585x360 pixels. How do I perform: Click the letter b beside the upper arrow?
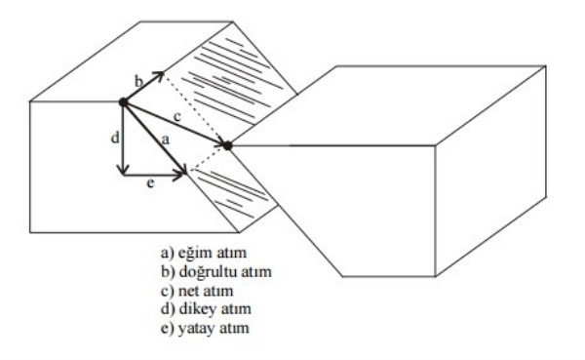pyautogui.click(x=137, y=77)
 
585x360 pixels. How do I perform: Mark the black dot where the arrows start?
pyautogui.click(x=123, y=101)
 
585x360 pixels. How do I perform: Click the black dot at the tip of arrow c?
pyautogui.click(x=227, y=145)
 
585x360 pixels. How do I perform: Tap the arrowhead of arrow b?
pyautogui.click(x=158, y=75)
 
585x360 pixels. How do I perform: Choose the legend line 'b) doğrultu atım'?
pyautogui.click(x=204, y=270)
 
